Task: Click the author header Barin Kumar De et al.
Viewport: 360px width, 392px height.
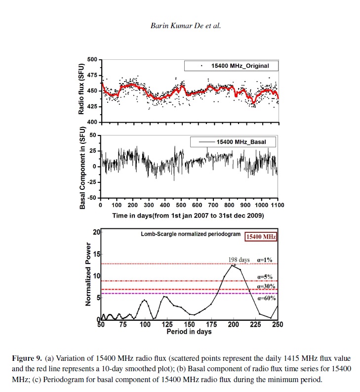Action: (x=185, y=26)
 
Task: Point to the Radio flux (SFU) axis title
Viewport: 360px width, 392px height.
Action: (x=81, y=90)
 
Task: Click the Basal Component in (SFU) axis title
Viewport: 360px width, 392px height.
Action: (x=82, y=168)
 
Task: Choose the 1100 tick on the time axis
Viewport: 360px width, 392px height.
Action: (x=278, y=205)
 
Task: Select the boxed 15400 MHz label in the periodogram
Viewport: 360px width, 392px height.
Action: (x=261, y=237)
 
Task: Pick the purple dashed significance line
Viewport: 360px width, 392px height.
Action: (x=188, y=294)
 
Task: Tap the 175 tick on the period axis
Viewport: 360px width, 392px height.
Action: (x=212, y=325)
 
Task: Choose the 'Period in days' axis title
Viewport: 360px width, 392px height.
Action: (x=189, y=332)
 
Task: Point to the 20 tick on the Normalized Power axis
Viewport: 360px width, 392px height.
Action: (x=96, y=232)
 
